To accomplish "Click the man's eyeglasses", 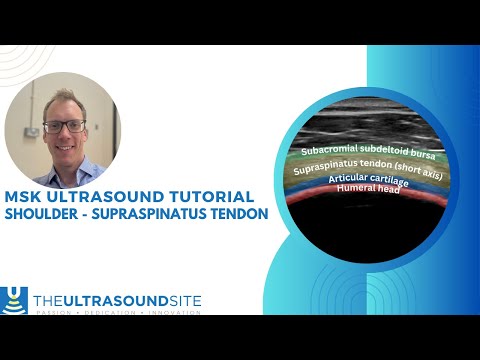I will click(x=63, y=126).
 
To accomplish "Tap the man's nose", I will click(x=63, y=135).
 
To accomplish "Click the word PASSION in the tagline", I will click(x=57, y=312).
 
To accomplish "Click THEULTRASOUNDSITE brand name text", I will click(x=117, y=299).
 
